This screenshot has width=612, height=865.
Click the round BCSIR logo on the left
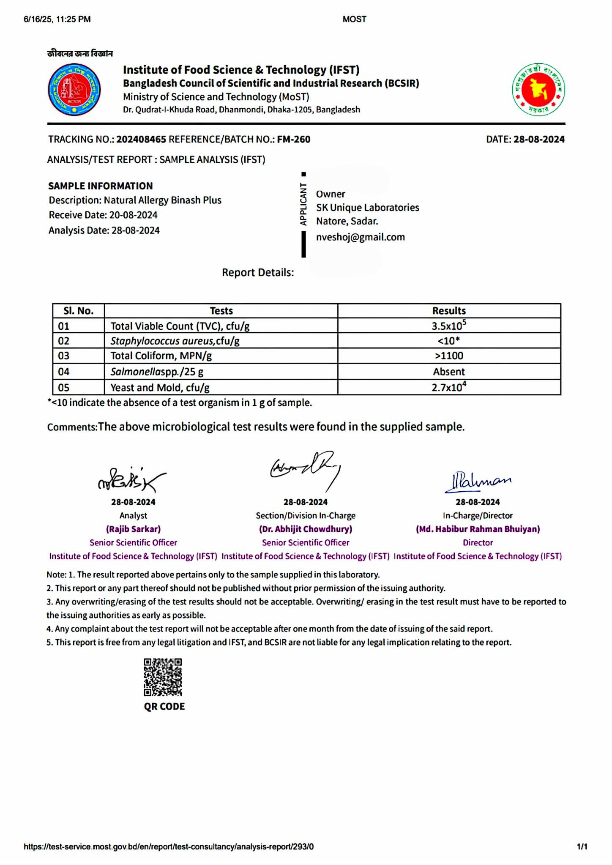[x=74, y=89]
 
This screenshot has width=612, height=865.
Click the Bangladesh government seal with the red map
[x=538, y=90]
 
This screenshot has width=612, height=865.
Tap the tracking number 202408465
[x=141, y=139]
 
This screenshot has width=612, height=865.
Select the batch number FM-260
[x=293, y=139]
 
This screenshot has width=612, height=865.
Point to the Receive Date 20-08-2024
[x=133, y=215]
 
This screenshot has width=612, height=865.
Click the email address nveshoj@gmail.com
[x=360, y=237]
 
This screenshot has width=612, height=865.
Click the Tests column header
[x=221, y=311]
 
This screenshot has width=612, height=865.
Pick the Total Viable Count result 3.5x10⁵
[x=448, y=326]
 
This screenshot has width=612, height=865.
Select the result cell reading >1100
[x=448, y=356]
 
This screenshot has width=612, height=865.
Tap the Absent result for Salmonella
[x=448, y=372]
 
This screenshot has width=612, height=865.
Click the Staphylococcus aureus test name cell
[x=175, y=341]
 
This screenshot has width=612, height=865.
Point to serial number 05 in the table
[x=64, y=387]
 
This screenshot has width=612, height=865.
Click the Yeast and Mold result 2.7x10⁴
[x=448, y=387]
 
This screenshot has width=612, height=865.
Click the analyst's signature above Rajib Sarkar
[x=131, y=480]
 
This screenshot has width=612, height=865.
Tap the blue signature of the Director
[x=478, y=481]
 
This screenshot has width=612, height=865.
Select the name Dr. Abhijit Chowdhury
[x=306, y=529]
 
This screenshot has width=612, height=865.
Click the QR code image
[x=163, y=677]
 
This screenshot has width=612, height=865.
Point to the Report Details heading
[x=258, y=273]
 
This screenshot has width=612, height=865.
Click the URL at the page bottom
[x=169, y=846]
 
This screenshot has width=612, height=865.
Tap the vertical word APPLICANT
[x=303, y=204]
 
